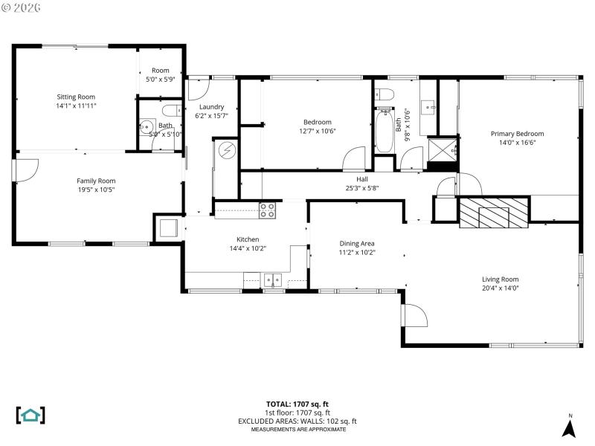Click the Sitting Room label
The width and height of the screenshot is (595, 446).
pos(76,97)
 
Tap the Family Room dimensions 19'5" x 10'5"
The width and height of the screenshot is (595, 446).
pos(96,190)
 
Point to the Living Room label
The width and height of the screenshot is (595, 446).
pos(500,279)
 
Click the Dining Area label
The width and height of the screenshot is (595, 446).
pos(357,243)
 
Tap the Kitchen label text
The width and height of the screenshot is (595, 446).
pos(248,239)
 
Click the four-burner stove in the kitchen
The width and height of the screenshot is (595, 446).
pos(267,210)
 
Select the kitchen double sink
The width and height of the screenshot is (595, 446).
pos(273,280)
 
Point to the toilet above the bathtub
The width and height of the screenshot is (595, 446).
pos(384,94)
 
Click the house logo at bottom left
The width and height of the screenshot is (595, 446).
pos(30,415)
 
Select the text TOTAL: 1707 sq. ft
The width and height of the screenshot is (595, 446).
pos(297,404)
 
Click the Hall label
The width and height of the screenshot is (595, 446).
pos(362,179)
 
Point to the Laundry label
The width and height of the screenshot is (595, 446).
pos(211,106)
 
